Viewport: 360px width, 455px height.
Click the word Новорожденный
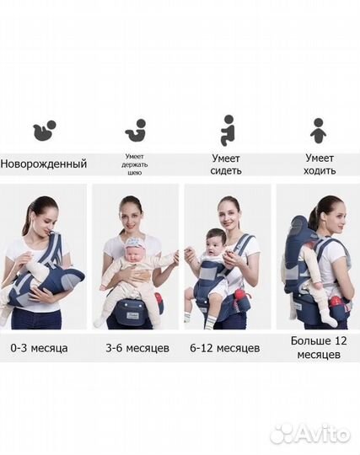click(44, 163)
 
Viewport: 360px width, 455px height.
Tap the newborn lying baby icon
click(44, 131)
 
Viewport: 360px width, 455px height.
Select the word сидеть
click(227, 170)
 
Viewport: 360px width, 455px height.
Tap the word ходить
click(320, 170)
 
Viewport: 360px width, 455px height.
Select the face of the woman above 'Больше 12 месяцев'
click(334, 215)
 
